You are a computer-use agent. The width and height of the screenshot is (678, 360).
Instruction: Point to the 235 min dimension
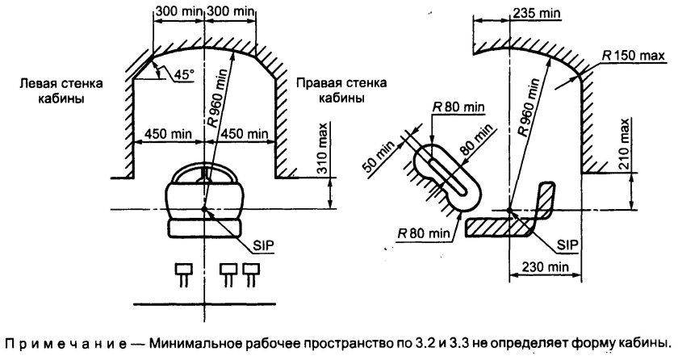pyautogui.click(x=534, y=13)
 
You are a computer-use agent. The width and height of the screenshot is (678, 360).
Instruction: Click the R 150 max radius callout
pyautogui.click(x=633, y=56)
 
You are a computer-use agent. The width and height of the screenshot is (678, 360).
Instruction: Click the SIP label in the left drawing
pyautogui.click(x=259, y=245)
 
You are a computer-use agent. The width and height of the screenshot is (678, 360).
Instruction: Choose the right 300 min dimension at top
pyautogui.click(x=232, y=13)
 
